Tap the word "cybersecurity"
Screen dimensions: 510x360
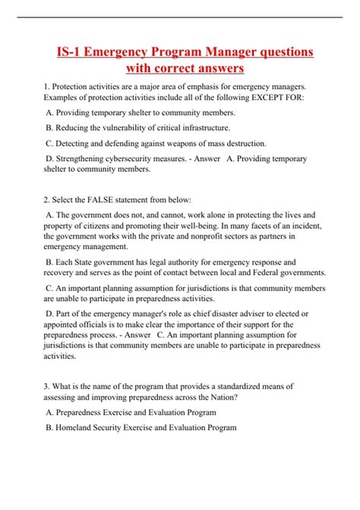pos(140,159)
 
